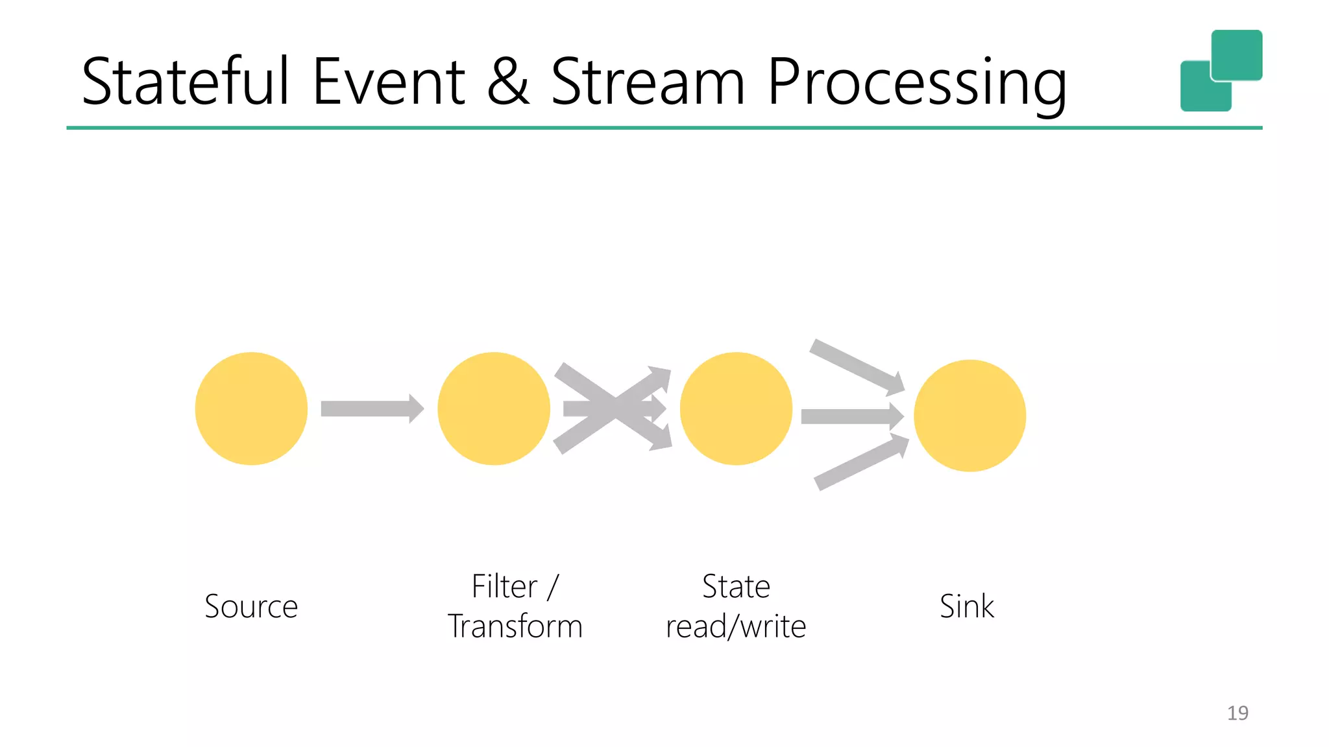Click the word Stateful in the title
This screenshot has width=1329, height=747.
pyautogui.click(x=185, y=82)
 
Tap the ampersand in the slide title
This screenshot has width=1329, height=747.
pyautogui.click(x=507, y=82)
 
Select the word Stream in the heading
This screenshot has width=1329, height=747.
pyautogui.click(x=648, y=82)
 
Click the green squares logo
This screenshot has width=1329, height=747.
pyautogui.click(x=1221, y=70)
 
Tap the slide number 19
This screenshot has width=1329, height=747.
pyautogui.click(x=1237, y=713)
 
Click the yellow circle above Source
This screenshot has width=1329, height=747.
pyautogui.click(x=251, y=409)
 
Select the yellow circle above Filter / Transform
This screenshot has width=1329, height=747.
pyautogui.click(x=493, y=409)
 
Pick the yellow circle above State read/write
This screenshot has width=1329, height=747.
pyautogui.click(x=736, y=409)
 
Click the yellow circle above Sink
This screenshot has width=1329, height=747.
pyautogui.click(x=969, y=416)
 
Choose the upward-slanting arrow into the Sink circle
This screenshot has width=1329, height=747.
pyautogui.click(x=860, y=462)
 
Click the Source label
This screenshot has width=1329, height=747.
pyautogui.click(x=251, y=606)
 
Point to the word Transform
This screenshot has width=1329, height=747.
pyautogui.click(x=515, y=626)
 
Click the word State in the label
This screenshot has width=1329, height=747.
pyautogui.click(x=736, y=586)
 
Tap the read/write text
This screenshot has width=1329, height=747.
pyautogui.click(x=736, y=626)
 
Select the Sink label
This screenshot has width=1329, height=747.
pyautogui.click(x=966, y=606)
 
